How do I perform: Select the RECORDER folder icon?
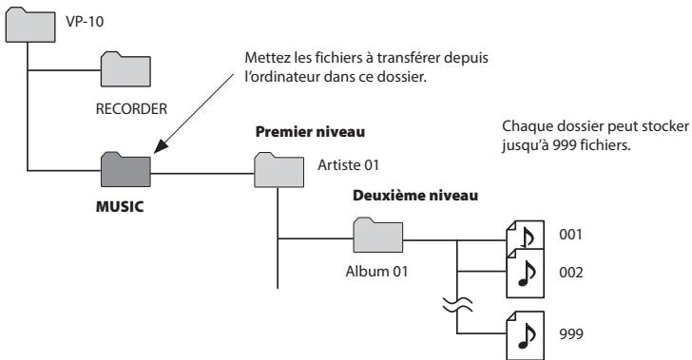(125, 69)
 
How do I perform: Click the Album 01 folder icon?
(376, 234)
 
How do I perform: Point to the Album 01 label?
(373, 268)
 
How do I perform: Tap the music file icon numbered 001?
(526, 233)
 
